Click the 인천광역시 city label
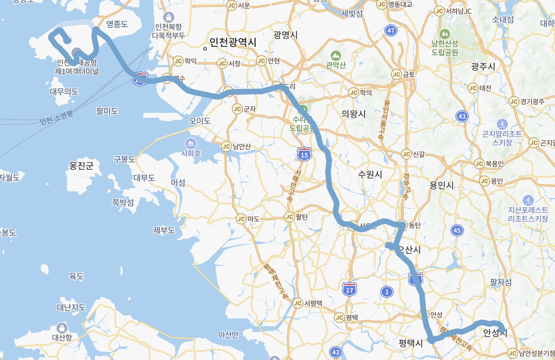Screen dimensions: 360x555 point(233,42)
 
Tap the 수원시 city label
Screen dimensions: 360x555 point(370,174)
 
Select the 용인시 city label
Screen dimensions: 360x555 point(441,185)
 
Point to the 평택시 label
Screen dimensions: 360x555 point(411,343)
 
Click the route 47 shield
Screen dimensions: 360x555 point(391,30)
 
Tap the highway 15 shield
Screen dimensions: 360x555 point(304,154)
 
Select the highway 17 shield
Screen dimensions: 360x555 point(349,290)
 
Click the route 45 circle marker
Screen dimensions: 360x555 point(457,230)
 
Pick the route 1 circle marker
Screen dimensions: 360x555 point(387,292)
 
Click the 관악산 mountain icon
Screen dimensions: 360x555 point(336,55)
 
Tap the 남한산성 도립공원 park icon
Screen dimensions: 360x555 point(444,34)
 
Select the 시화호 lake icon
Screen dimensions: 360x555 point(191,143)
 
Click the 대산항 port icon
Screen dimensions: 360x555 point(62,327)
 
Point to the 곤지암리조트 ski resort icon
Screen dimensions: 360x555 point(502,124)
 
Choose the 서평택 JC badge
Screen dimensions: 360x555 point(298,303)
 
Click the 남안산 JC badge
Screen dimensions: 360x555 point(227,146)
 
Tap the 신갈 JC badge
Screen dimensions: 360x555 point(406,154)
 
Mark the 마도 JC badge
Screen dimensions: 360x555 point(241,219)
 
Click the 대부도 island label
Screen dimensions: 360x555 point(144,178)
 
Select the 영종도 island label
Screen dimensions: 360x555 point(117,24)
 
